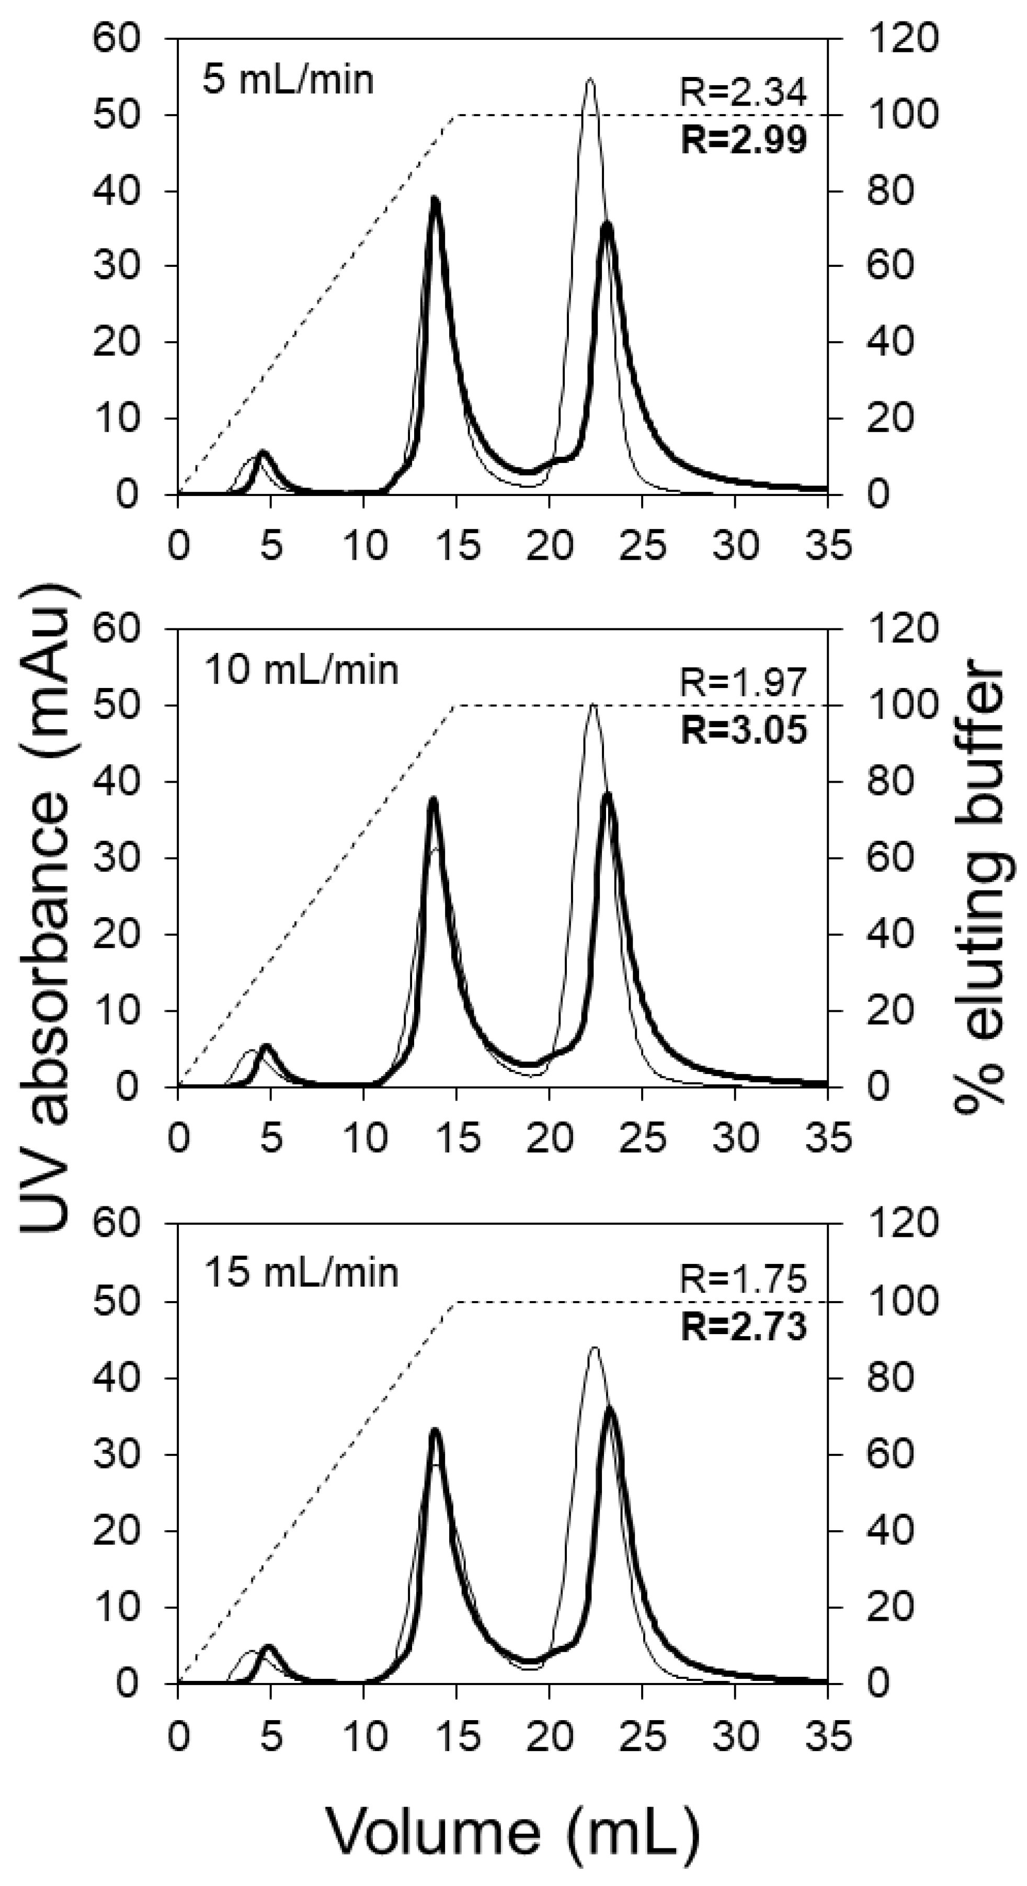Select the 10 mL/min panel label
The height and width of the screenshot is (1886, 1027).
[x=301, y=669]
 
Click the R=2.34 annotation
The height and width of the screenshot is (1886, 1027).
[x=744, y=93]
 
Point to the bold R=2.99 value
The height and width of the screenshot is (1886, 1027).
[x=744, y=140]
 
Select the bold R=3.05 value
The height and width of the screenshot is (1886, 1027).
[x=744, y=730]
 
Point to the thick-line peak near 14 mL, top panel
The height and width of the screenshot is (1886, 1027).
[x=436, y=199]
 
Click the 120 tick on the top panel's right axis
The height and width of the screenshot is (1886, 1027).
[x=902, y=38]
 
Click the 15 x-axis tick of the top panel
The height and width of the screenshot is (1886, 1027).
[x=457, y=546]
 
